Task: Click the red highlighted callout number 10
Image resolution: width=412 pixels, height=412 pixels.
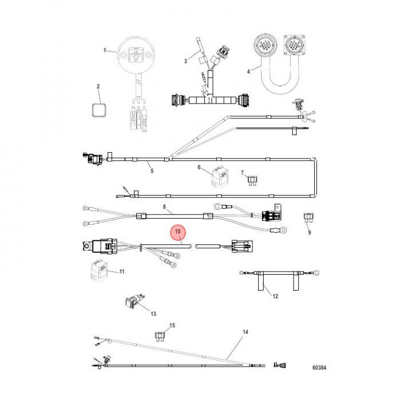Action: [x=179, y=232]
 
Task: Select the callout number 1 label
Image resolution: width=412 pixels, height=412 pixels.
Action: [x=105, y=51]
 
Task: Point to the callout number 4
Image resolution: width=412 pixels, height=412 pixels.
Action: [x=249, y=72]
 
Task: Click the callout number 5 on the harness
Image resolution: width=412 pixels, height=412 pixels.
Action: [x=152, y=171]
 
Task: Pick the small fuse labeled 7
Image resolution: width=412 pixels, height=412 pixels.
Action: [x=251, y=180]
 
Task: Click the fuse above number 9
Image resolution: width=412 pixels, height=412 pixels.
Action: [x=308, y=218]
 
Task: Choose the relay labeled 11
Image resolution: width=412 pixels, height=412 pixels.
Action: [x=96, y=270]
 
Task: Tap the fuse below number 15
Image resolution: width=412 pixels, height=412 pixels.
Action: [x=161, y=335]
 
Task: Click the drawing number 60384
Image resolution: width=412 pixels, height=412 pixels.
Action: [x=323, y=369]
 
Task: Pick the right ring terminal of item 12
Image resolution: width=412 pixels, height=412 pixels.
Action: [x=315, y=274]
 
